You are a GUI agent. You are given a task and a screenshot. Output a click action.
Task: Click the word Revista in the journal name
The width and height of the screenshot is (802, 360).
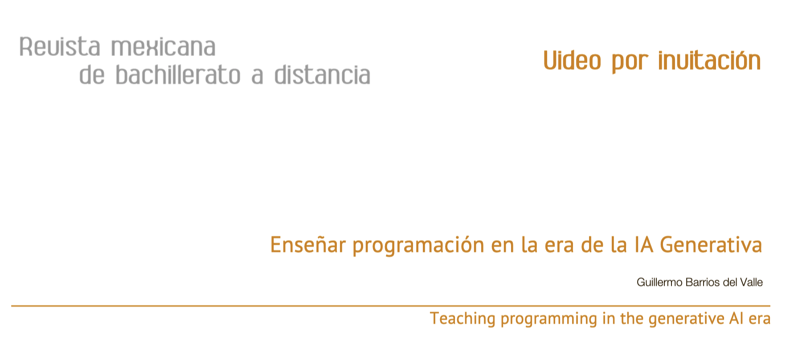pos(60,47)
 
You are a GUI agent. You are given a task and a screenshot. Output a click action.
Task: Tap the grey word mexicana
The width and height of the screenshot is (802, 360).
pos(163,47)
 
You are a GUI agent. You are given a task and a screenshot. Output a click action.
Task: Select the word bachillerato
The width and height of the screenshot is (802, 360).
pos(178,75)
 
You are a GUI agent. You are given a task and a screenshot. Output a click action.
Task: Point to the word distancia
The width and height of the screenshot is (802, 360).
pos(322,75)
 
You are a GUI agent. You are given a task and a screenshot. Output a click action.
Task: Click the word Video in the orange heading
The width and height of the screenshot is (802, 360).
pos(572,61)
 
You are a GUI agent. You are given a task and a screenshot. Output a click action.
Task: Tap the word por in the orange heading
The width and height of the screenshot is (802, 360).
pos(630,63)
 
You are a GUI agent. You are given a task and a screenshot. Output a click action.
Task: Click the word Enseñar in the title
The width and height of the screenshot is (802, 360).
pos(308,245)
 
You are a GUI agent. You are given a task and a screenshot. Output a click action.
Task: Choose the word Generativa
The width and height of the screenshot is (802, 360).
pos(711,245)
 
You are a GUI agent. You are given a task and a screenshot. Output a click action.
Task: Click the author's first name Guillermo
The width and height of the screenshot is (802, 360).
pos(659,282)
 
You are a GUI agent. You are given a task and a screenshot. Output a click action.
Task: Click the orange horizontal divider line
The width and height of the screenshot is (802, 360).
pos(391,306)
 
